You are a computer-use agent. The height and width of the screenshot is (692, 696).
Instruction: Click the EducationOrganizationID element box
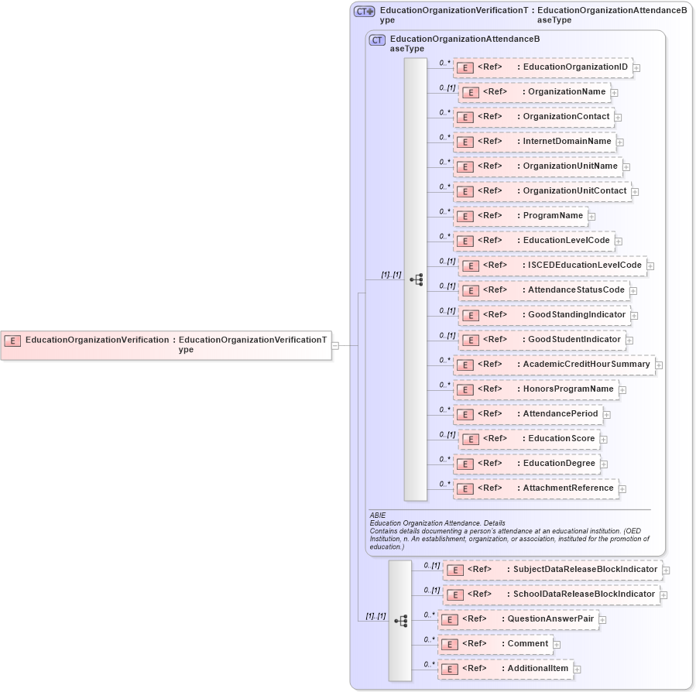[543, 67]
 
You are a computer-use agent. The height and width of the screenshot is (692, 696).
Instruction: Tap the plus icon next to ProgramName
[591, 216]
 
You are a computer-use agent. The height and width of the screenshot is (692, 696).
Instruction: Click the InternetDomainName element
[535, 142]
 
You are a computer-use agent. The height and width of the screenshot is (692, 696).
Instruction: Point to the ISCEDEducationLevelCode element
[553, 265]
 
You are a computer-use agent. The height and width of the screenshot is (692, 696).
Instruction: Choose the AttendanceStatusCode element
[543, 290]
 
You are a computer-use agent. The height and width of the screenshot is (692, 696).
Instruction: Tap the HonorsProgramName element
[537, 389]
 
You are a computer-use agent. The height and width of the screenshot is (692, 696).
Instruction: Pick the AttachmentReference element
[536, 488]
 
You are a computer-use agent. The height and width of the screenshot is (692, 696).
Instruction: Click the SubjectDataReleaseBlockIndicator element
[553, 570]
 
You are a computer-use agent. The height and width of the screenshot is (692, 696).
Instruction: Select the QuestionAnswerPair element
[519, 619]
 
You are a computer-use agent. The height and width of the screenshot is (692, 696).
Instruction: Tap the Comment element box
[495, 644]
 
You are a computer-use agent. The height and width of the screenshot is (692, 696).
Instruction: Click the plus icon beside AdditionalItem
[577, 669]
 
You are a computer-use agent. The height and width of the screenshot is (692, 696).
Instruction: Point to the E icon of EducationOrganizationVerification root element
[12, 340]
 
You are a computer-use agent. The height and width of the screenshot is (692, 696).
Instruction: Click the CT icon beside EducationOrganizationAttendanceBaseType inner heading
[378, 40]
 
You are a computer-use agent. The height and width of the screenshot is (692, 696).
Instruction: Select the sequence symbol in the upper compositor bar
[416, 279]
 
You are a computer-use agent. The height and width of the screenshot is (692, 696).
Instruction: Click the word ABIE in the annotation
[377, 515]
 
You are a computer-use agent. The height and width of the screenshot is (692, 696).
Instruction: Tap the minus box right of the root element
[335, 345]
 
